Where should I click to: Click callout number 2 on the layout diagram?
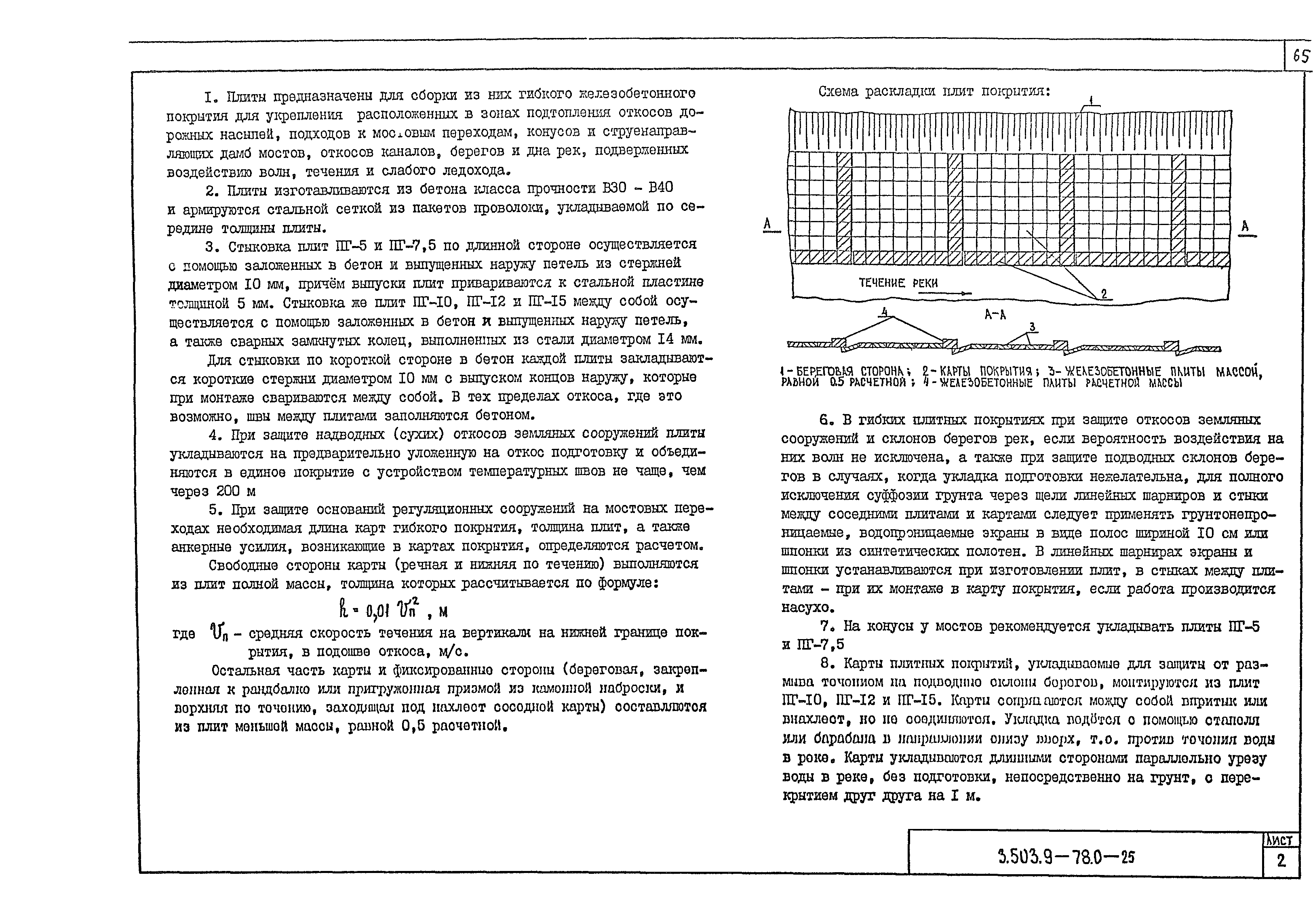[x=1104, y=294]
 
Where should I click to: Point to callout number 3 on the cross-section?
[x=1032, y=327]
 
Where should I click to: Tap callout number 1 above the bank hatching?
[x=1091, y=101]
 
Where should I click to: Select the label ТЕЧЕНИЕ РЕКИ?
[x=898, y=282]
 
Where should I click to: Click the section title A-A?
[x=995, y=314]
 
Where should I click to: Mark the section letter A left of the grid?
[x=768, y=224]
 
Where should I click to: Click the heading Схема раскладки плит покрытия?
[x=934, y=91]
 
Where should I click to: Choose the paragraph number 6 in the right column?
[x=825, y=420]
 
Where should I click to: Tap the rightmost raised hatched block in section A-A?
[x=1171, y=346]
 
